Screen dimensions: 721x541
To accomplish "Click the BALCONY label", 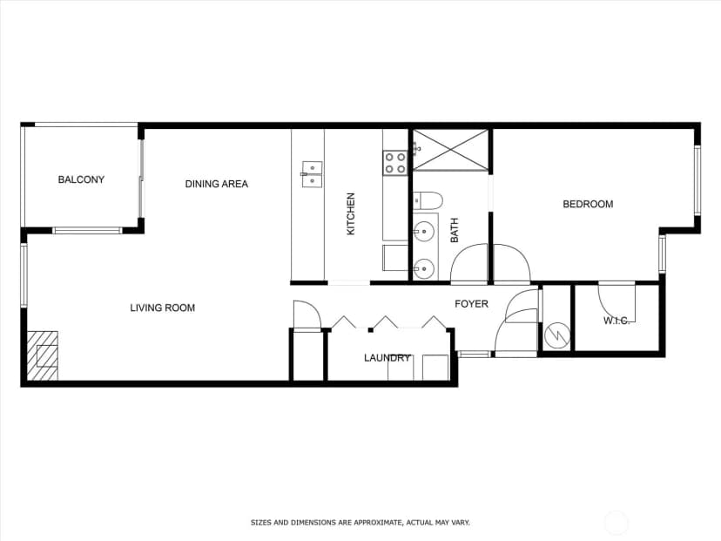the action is pyautogui.click(x=81, y=179).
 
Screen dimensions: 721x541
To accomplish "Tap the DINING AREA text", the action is pyautogui.click(x=217, y=184).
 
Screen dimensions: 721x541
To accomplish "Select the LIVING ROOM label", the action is pyautogui.click(x=162, y=308).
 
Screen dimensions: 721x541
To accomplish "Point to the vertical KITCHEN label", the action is pyautogui.click(x=351, y=214).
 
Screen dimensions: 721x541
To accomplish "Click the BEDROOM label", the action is pyautogui.click(x=588, y=204).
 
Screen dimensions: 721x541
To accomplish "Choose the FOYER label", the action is pyautogui.click(x=471, y=304).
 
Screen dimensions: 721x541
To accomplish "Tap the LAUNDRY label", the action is pyautogui.click(x=387, y=358).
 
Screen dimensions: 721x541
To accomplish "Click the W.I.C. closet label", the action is pyautogui.click(x=617, y=321).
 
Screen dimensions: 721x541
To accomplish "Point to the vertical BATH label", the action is pyautogui.click(x=455, y=231).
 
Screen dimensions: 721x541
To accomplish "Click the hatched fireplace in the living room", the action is pyautogui.click(x=43, y=355).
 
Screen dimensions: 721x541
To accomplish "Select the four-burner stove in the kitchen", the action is pyautogui.click(x=395, y=163).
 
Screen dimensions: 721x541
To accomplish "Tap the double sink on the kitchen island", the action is pyautogui.click(x=313, y=174).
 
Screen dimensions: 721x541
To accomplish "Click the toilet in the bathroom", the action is pyautogui.click(x=428, y=201).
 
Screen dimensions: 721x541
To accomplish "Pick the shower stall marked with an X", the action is pyautogui.click(x=451, y=150).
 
